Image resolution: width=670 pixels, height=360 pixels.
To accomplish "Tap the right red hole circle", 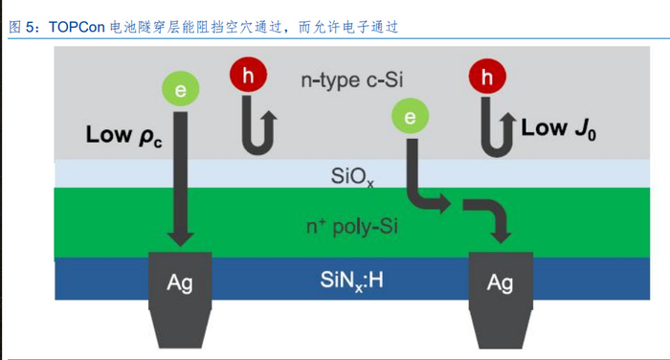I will pos(488,77).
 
